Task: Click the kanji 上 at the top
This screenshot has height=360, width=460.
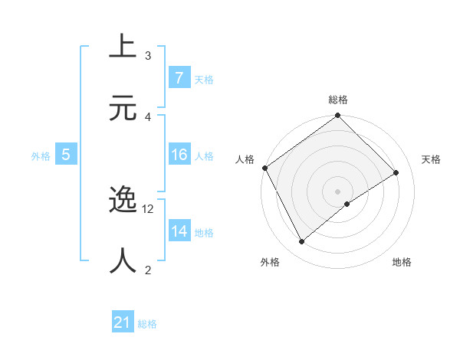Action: click(123, 47)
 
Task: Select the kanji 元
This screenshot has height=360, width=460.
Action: click(123, 107)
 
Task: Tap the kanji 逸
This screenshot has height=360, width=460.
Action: click(123, 201)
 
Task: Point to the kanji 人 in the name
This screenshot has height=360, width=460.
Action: click(123, 260)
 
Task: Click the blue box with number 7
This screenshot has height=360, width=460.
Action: click(179, 78)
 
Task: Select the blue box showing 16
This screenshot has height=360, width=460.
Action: click(179, 155)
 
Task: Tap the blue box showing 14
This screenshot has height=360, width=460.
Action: click(179, 231)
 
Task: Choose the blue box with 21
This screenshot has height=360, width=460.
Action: click(123, 322)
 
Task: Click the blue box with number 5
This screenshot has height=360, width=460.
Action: click(66, 155)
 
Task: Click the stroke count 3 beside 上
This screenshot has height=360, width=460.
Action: click(148, 56)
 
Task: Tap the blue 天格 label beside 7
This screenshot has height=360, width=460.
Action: click(204, 79)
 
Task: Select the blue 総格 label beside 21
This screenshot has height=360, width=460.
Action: click(147, 324)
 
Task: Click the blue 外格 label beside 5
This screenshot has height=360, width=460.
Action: click(41, 155)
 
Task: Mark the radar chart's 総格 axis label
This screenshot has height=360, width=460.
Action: click(338, 100)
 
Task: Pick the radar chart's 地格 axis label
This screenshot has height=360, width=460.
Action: click(402, 262)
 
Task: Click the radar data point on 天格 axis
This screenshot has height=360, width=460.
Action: click(396, 172)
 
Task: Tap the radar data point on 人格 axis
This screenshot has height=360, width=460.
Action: click(265, 168)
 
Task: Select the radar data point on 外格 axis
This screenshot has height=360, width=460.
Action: click(302, 242)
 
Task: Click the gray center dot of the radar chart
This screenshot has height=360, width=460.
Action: click(338, 191)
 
